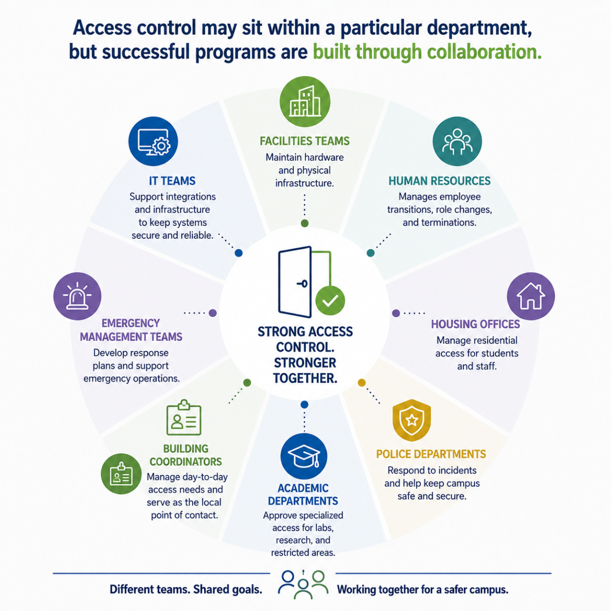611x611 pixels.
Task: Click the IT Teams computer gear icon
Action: pyautogui.click(x=153, y=142)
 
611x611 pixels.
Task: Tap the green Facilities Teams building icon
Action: pyautogui.click(x=304, y=101)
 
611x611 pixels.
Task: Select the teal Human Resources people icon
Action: pyautogui.click(x=457, y=142)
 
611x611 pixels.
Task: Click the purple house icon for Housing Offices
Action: pyautogui.click(x=531, y=296)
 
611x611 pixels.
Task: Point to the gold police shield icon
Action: pyautogui.click(x=411, y=420)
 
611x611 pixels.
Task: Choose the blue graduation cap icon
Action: pyautogui.click(x=304, y=456)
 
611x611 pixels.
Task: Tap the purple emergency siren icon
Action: pyautogui.click(x=77, y=296)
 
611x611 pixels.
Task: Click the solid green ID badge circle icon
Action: pyautogui.click(x=121, y=474)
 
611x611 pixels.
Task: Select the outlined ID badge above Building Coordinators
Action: pyautogui.click(x=184, y=418)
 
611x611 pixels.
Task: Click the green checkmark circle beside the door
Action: pyautogui.click(x=330, y=300)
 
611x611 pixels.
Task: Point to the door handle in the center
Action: pyautogui.click(x=302, y=284)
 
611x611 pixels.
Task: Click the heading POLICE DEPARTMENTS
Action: pyautogui.click(x=431, y=454)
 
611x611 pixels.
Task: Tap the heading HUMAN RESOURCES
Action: pyautogui.click(x=439, y=181)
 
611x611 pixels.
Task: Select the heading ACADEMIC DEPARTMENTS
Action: pyautogui.click(x=303, y=494)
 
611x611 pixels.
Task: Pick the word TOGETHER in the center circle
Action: pyautogui.click(x=305, y=378)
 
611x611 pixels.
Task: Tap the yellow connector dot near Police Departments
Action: pyautogui.click(x=362, y=383)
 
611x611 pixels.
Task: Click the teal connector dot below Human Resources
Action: pyautogui.click(x=370, y=253)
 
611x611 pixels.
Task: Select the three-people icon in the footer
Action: pyautogui.click(x=303, y=585)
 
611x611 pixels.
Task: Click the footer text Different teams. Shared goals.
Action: pyautogui.click(x=186, y=590)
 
